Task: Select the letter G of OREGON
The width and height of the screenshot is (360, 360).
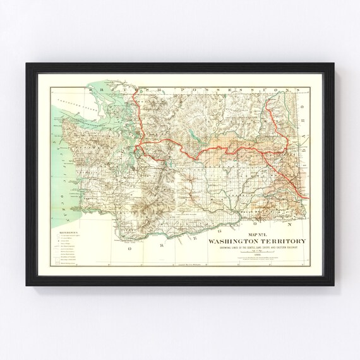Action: (x=235, y=222)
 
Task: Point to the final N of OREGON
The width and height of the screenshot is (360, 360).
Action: (x=289, y=223)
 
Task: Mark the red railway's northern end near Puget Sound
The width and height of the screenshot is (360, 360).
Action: (x=138, y=97)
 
